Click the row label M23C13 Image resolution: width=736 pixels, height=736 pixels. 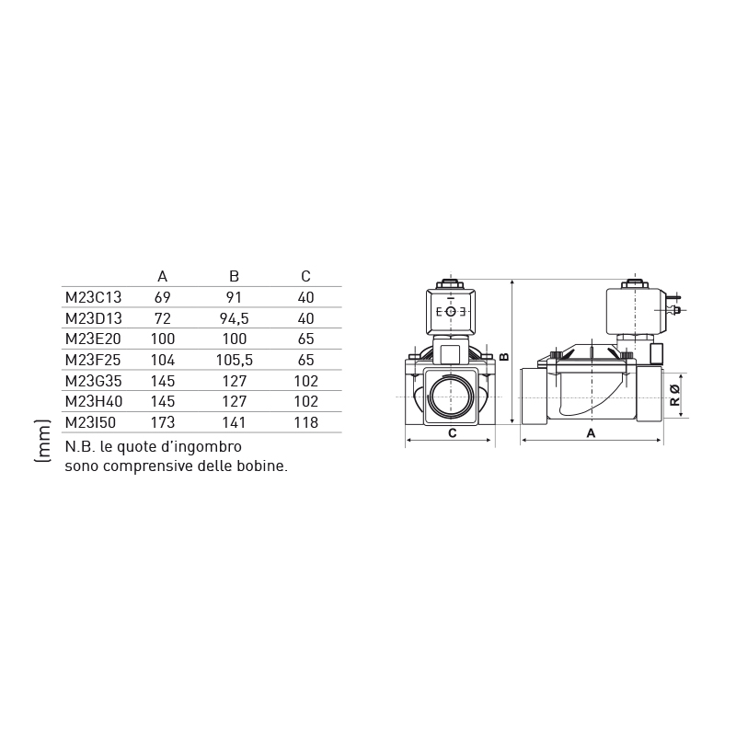click(x=94, y=297)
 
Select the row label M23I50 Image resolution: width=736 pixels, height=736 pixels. click(x=90, y=422)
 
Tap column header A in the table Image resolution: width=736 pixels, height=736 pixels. click(x=163, y=277)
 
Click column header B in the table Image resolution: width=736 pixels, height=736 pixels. click(x=234, y=277)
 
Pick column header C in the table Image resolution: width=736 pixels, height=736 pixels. click(x=305, y=277)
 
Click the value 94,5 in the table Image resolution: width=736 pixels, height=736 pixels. click(x=235, y=318)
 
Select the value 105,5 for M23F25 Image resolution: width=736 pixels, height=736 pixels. click(x=235, y=360)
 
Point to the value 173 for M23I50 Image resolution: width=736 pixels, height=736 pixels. click(x=163, y=422)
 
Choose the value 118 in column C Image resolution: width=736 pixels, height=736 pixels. click(x=305, y=422)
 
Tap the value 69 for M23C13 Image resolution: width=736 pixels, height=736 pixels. click(x=163, y=297)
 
